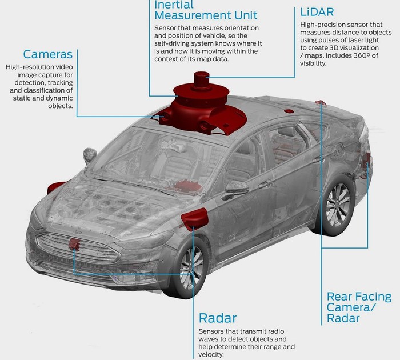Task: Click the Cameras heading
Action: click(47, 54)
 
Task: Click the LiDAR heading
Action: click(317, 12)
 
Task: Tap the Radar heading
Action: click(218, 318)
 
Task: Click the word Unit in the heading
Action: click(246, 15)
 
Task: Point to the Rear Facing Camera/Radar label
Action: click(359, 307)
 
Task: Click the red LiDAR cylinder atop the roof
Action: click(202, 80)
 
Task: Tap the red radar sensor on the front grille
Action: click(74, 244)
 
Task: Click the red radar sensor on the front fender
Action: click(194, 219)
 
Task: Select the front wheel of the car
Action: click(190, 267)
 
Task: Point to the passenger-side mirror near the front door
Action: click(237, 189)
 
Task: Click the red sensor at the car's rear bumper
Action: click(367, 159)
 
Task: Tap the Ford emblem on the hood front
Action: click(77, 232)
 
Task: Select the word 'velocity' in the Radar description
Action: click(210, 355)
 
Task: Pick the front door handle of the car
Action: click(265, 183)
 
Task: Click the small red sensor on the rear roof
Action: click(289, 111)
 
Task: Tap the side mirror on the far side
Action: click(90, 155)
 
